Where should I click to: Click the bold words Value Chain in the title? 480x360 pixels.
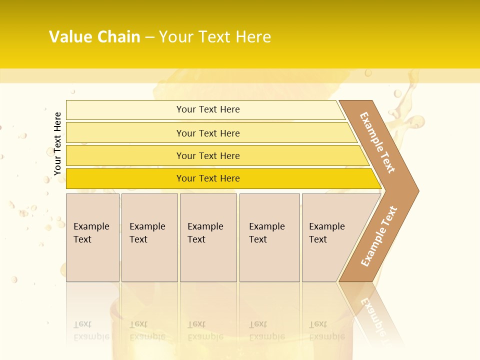click(x=94, y=37)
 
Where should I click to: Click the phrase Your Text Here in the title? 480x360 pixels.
click(x=215, y=37)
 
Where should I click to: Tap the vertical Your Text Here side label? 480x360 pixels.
click(x=58, y=143)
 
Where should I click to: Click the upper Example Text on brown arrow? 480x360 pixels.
click(x=377, y=142)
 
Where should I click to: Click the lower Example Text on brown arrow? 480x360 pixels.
click(x=379, y=236)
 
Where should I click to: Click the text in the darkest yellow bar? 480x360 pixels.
click(x=208, y=178)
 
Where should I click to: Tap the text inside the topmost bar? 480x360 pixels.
click(x=208, y=109)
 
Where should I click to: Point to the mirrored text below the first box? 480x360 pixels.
click(x=91, y=330)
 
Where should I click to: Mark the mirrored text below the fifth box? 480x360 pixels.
click(x=326, y=330)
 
